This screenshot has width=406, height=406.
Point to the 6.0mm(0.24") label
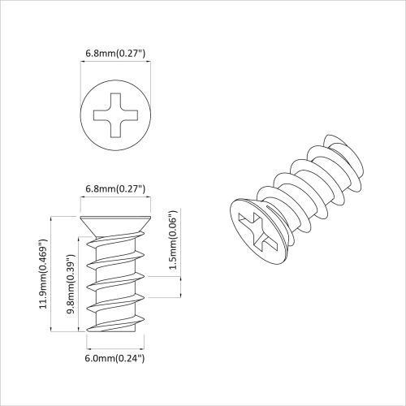point(115,358)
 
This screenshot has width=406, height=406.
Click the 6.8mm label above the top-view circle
point(115,54)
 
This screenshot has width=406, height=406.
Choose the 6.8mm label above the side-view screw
point(115,189)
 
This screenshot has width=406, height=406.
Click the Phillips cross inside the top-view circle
point(116,115)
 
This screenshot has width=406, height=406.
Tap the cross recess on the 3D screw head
point(257,227)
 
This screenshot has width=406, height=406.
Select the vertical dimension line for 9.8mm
point(79,284)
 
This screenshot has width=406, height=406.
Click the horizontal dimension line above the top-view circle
point(115,65)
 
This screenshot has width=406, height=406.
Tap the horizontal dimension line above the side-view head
point(115,201)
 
